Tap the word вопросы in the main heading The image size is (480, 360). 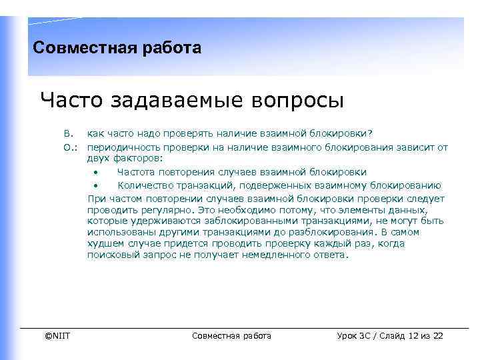299,101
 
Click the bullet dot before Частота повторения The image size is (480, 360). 96,172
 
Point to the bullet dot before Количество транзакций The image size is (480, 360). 96,185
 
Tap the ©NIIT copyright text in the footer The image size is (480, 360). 57,335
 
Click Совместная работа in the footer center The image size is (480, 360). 231,335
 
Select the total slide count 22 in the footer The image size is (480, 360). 438,335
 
